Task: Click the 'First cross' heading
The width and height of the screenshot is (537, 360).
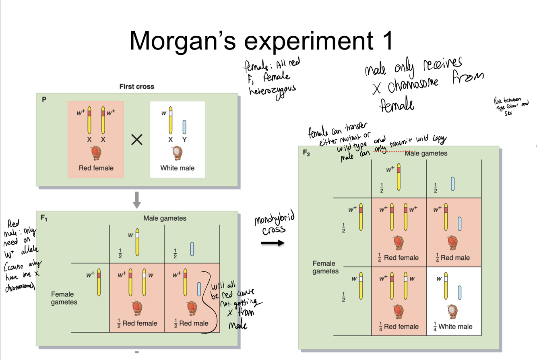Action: (x=136, y=87)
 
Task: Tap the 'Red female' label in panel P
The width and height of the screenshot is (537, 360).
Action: (x=96, y=168)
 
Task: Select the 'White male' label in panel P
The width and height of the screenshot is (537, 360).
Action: (x=177, y=168)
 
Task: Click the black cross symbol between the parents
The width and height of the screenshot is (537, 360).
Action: (x=137, y=140)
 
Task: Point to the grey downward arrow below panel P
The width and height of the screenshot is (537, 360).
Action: (x=137, y=200)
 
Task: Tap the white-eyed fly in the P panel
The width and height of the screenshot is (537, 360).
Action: (x=177, y=152)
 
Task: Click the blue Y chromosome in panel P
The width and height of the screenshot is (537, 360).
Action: (x=184, y=127)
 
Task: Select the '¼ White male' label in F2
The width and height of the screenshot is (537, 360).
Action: (x=453, y=327)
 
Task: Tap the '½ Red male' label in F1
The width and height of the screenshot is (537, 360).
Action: (x=191, y=323)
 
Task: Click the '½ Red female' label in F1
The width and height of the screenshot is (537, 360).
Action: (x=137, y=323)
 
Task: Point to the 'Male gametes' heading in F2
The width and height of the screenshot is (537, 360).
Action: (x=426, y=153)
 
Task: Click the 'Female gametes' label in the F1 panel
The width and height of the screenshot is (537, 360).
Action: (x=64, y=298)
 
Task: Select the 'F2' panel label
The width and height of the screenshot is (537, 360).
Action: (x=307, y=153)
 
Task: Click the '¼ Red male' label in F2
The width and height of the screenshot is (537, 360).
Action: (x=453, y=258)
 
